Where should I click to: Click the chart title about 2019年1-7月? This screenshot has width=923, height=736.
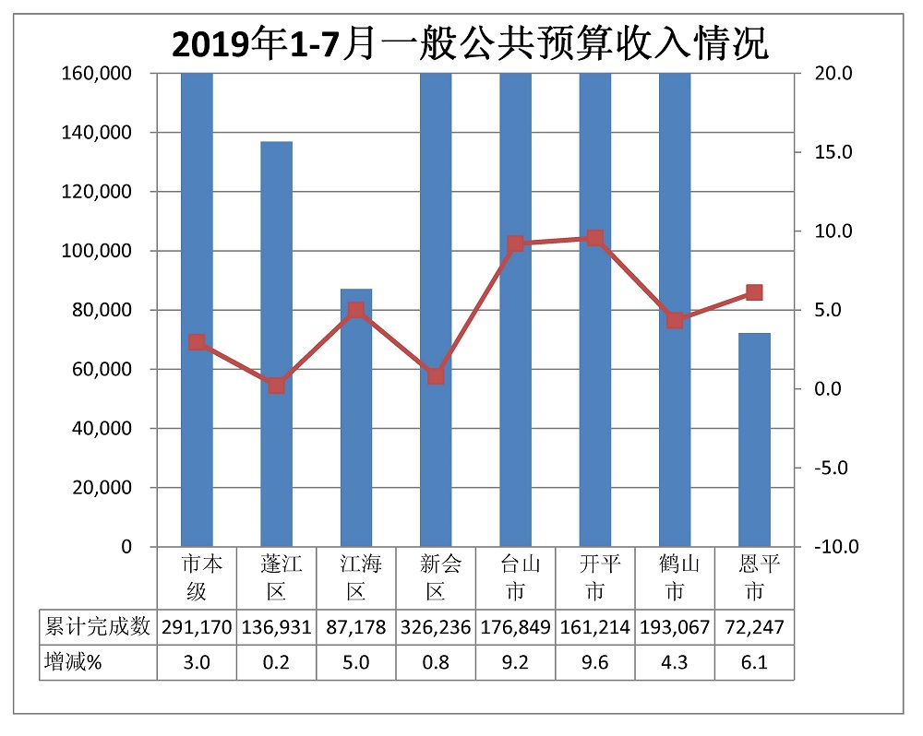click(471, 43)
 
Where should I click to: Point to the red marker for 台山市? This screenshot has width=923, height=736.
click(515, 243)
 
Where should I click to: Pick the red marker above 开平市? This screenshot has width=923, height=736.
click(595, 238)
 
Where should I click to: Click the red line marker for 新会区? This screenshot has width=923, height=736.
click(436, 376)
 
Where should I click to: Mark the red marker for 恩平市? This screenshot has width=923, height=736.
click(754, 292)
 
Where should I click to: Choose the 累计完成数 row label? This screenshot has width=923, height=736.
click(97, 628)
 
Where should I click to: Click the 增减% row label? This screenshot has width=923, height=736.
click(73, 660)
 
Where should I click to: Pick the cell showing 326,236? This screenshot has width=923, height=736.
click(436, 628)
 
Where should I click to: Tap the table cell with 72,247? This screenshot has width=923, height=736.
click(754, 628)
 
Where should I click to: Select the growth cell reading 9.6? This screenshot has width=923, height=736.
click(595, 660)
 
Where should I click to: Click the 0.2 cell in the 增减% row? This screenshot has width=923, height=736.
click(276, 660)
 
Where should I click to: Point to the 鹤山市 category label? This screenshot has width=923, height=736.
click(675, 576)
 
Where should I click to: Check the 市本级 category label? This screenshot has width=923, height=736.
click(197, 576)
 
